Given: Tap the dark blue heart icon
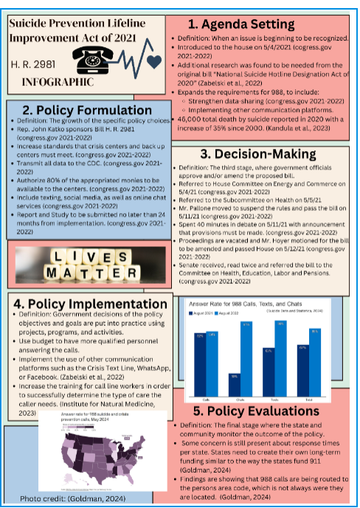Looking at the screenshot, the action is click(x=153, y=61).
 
